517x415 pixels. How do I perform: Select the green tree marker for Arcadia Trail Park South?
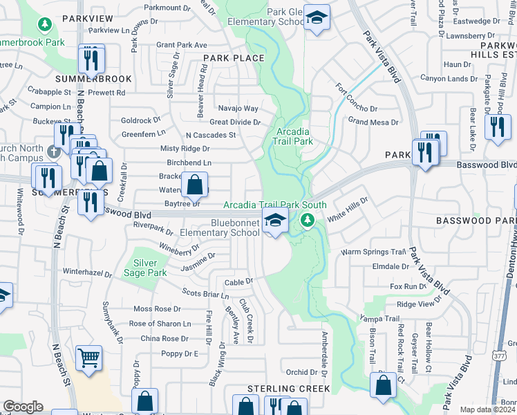click(x=307, y=221)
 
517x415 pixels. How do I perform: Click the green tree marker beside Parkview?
click(x=45, y=26)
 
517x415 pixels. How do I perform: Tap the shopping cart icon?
click(x=89, y=358)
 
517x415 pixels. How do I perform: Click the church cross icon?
click(x=54, y=151)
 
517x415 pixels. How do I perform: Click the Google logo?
click(x=23, y=407)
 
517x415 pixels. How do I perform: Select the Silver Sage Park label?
click(x=145, y=268)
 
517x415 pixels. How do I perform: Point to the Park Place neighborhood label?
click(x=234, y=58)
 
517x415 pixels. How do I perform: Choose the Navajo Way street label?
click(x=238, y=109)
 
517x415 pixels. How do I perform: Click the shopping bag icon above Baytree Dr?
click(x=195, y=184)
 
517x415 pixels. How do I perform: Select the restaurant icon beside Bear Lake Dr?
click(x=498, y=127)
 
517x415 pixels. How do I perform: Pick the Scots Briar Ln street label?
click(x=205, y=294)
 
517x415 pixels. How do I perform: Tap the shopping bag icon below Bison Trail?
click(x=383, y=384)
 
